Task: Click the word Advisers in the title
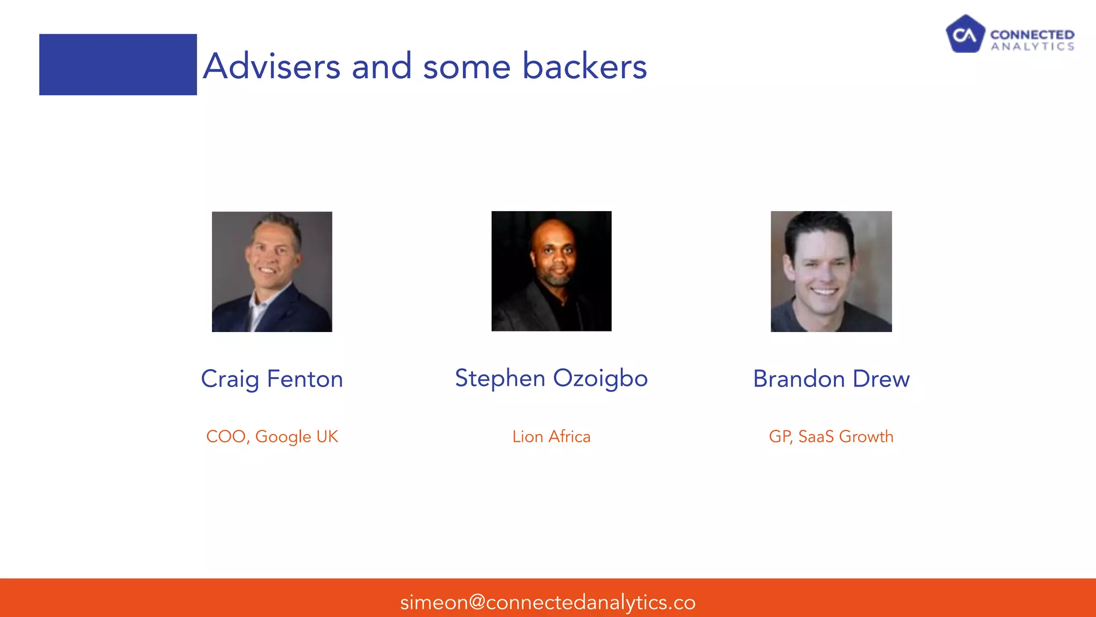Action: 272,66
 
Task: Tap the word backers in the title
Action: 584,66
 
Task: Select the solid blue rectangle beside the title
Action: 118,65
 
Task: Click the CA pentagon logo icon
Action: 965,34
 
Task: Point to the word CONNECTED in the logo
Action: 1032,35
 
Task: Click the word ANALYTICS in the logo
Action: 1032,47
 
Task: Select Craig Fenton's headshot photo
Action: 272,272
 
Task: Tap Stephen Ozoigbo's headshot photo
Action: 551,271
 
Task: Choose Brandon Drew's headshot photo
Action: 831,272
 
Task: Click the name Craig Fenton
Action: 272,379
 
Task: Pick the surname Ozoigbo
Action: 600,379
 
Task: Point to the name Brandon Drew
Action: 831,379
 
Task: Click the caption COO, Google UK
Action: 272,437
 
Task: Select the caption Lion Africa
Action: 551,437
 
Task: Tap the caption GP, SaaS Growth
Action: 831,437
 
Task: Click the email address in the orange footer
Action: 547,603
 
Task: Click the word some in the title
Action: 467,66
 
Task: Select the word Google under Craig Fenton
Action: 283,437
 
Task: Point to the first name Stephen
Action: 500,379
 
